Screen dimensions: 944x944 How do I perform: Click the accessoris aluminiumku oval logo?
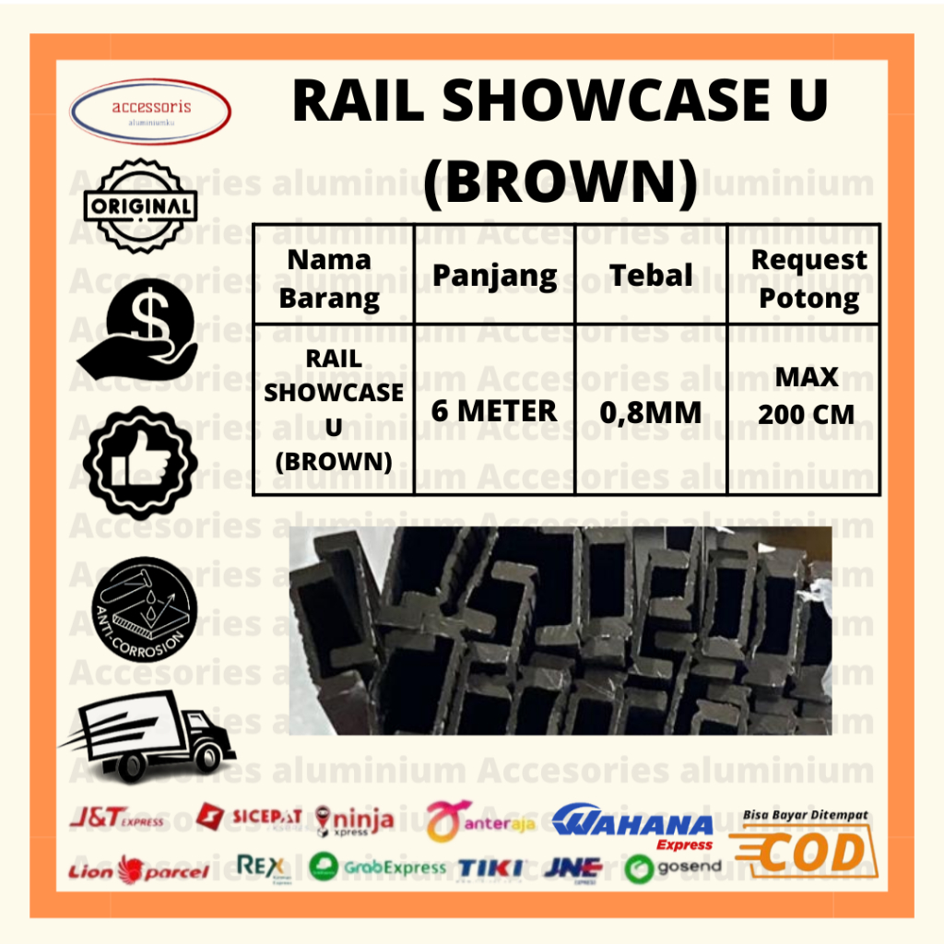[x=150, y=112]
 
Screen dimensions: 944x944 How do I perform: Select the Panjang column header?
[x=494, y=275]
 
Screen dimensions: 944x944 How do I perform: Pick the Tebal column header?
[x=651, y=275]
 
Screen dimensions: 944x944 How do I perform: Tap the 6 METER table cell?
[x=494, y=411]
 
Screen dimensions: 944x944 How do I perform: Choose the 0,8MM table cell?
[x=651, y=413]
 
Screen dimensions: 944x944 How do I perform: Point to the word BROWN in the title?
[x=560, y=182]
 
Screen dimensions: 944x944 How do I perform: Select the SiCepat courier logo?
[x=250, y=816]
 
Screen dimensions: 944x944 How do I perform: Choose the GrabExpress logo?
[x=377, y=867]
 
